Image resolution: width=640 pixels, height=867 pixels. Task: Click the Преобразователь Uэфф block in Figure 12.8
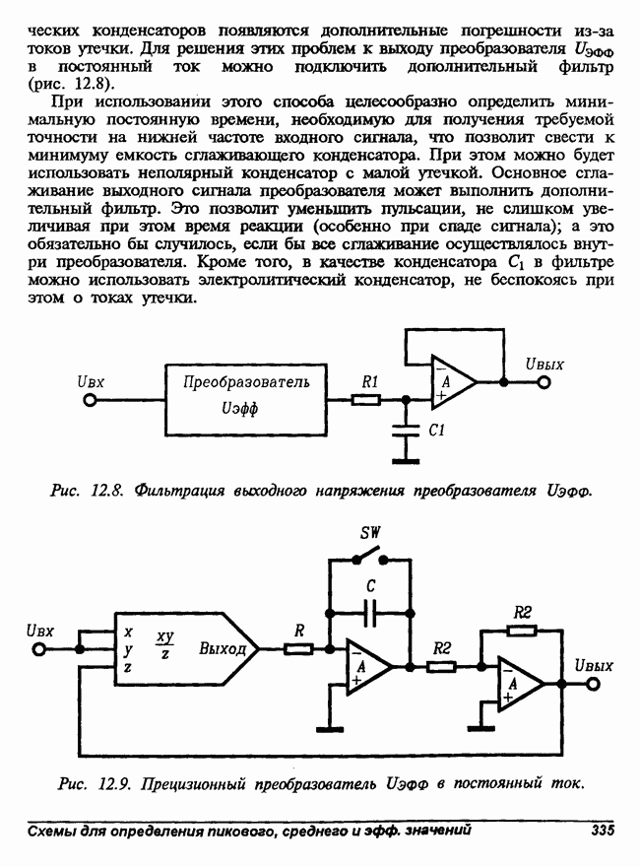[x=246, y=400]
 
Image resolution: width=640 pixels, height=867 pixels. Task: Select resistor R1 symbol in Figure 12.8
[x=366, y=400]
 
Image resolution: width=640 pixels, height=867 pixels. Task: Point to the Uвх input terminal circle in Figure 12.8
[x=91, y=401]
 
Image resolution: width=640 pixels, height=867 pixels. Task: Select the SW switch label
[x=370, y=533]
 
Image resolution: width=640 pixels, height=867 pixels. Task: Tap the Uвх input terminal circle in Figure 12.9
[x=40, y=649]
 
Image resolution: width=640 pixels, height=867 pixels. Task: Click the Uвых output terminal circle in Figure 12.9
[x=593, y=684]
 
